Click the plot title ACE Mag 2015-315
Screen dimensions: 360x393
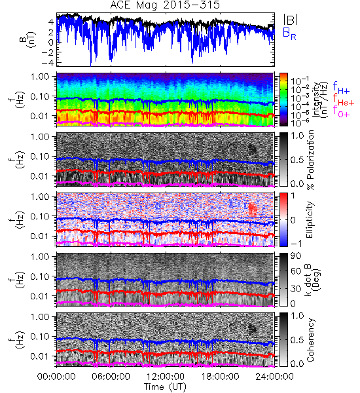point(165,5)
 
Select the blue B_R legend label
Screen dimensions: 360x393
point(289,33)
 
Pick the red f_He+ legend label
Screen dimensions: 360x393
point(344,100)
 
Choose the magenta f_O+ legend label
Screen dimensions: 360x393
point(341,112)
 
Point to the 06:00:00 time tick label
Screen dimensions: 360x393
point(111,377)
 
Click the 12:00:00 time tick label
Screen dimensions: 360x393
point(166,377)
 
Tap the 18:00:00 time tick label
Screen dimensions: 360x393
point(220,377)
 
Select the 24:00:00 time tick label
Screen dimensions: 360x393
point(274,377)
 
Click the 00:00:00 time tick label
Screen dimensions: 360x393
point(56,377)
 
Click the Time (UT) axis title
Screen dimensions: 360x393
point(165,386)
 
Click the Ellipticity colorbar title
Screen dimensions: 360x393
point(310,219)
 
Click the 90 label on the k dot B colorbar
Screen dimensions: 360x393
point(296,255)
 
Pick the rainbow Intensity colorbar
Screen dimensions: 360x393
point(283,100)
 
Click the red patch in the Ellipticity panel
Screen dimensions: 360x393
point(253,210)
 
